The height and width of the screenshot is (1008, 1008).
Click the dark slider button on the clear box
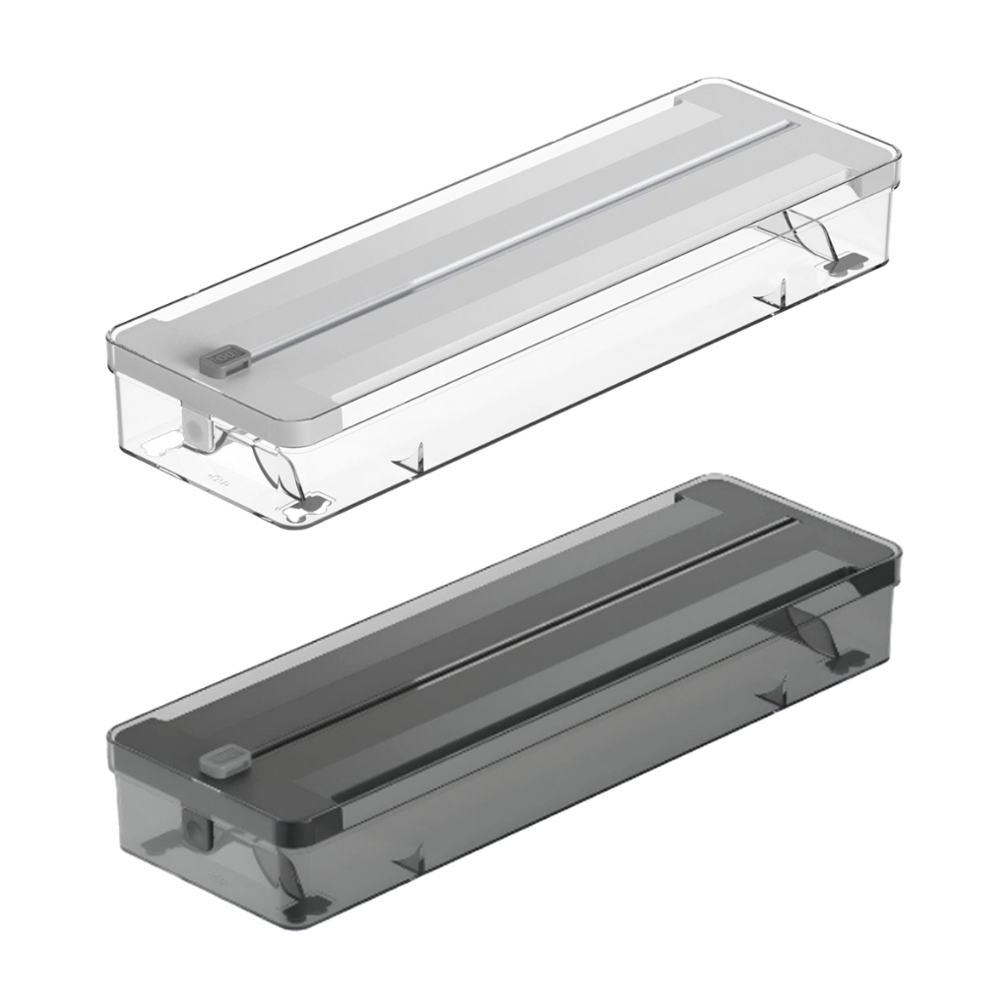click(x=228, y=354)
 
